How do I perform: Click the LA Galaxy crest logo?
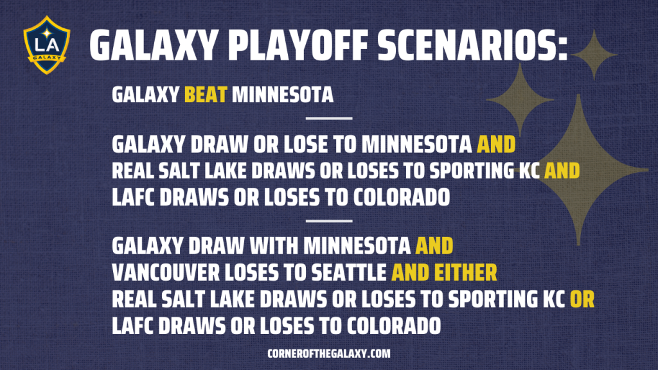click(x=46, y=45)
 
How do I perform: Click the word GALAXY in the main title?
click(x=154, y=46)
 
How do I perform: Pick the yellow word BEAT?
click(x=206, y=94)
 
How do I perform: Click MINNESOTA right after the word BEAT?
click(x=283, y=94)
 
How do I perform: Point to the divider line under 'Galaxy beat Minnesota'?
click(x=329, y=118)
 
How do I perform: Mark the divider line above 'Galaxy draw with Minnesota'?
click(x=329, y=221)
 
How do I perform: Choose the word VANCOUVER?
click(x=166, y=272)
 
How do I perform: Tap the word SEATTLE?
click(x=348, y=272)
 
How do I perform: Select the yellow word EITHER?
click(x=465, y=272)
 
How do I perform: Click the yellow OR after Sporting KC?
click(x=582, y=299)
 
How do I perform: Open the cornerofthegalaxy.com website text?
click(x=329, y=354)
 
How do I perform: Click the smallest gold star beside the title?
click(x=594, y=55)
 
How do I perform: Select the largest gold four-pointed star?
click(x=579, y=170)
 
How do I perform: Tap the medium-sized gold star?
click(x=520, y=100)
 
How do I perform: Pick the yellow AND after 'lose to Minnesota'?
click(x=496, y=145)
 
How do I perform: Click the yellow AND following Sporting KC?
click(x=562, y=171)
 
